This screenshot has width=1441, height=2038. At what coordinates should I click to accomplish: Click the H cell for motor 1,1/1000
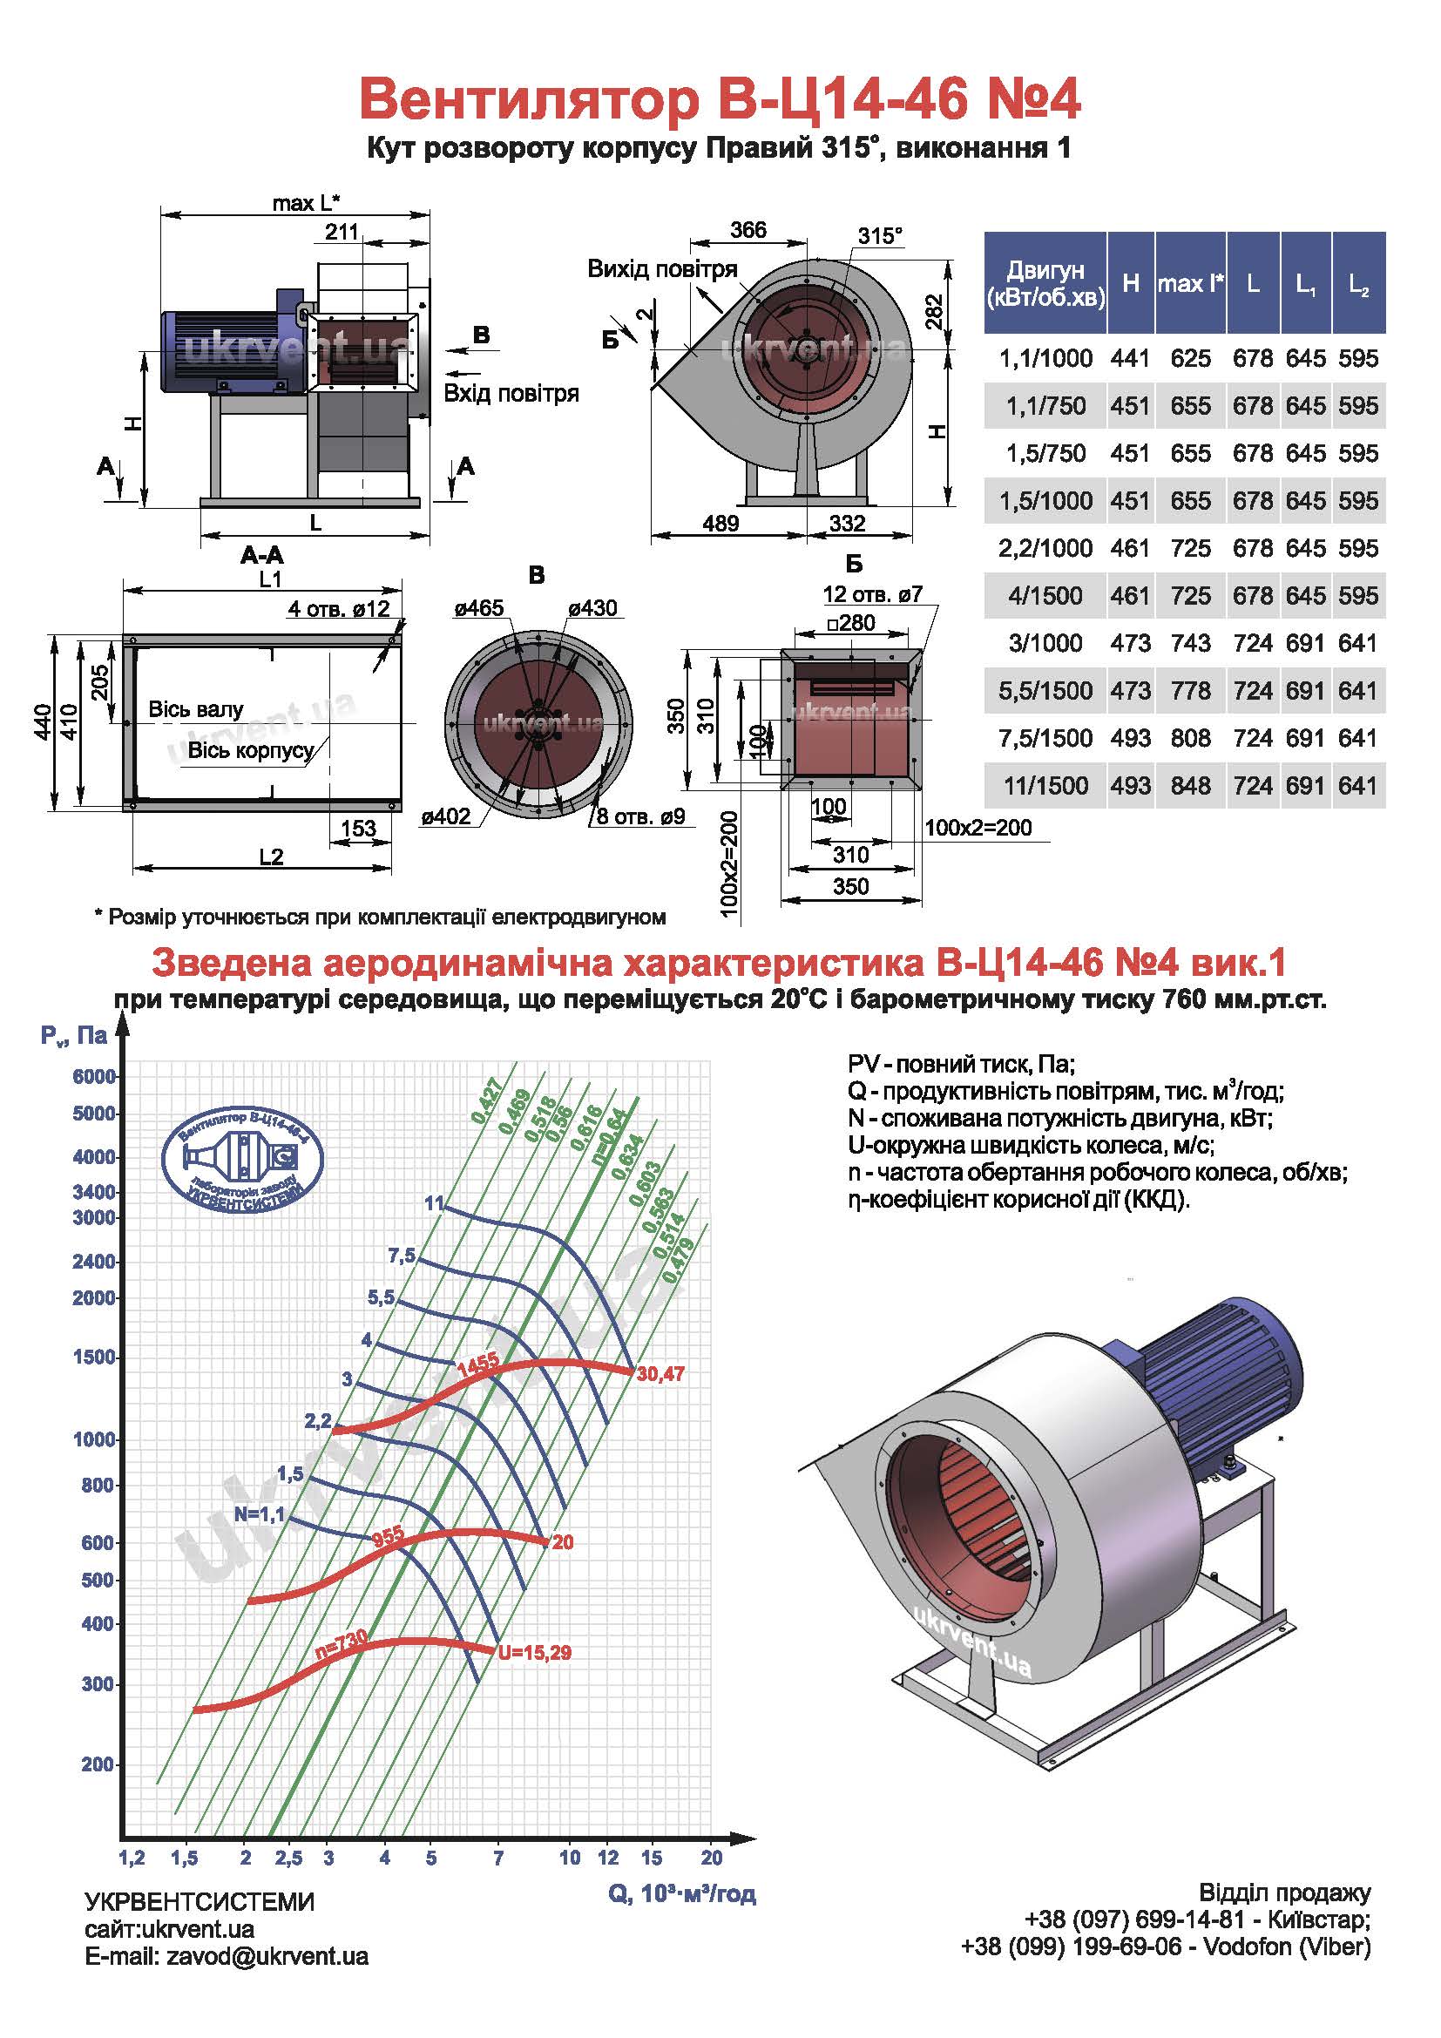pos(1130,359)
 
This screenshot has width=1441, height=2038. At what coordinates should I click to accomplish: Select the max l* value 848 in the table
pos(1190,786)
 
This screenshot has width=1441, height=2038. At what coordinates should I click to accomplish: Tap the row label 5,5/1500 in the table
pos(1045,691)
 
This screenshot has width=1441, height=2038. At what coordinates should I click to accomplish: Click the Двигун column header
pos(1045,283)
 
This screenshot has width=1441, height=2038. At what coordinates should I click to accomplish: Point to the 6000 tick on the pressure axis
pos(94,1077)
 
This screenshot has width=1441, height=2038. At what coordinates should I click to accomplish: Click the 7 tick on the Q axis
pos(498,1858)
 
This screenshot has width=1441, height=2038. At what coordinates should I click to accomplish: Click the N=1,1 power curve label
pos(259,1514)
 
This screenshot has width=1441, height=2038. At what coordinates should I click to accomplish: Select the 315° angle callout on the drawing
pos(880,236)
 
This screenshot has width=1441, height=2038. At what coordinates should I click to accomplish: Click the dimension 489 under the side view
pos(720,524)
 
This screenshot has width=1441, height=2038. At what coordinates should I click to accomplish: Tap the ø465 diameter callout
pos(479,608)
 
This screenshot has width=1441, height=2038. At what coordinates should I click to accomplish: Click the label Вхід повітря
pos(511,393)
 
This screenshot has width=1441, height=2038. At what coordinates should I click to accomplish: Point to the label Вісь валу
pos(195,709)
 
